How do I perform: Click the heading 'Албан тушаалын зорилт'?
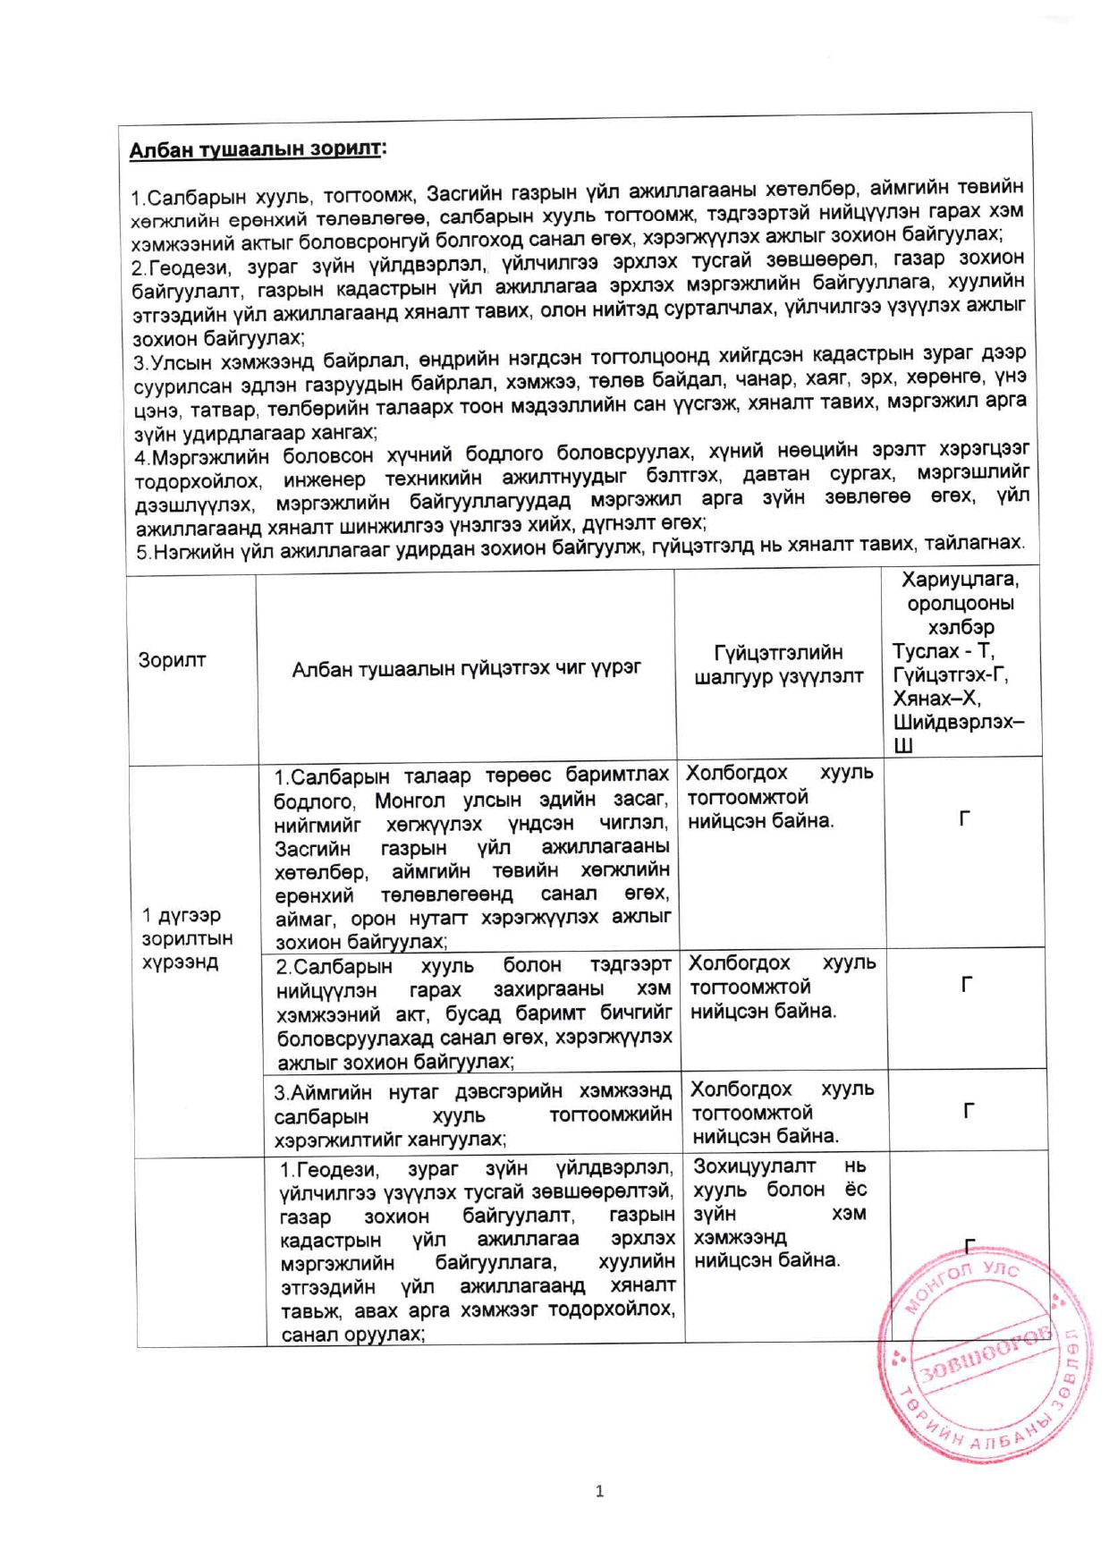pos(256,149)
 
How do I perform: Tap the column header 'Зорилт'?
pos(172,661)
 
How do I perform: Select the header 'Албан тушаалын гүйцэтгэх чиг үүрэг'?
pos(466,668)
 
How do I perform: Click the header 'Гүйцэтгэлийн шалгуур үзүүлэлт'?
pos(779,665)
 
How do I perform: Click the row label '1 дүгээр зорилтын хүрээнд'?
pos(187,938)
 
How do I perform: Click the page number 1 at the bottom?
pos(599,1491)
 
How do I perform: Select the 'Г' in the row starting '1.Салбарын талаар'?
pos(964,818)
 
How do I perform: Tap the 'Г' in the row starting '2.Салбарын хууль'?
pos(966,985)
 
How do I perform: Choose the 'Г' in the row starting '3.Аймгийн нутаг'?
pos(968,1111)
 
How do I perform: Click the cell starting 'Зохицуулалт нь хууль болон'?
pos(780,1213)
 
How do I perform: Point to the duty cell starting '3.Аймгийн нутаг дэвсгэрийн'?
pos(473,1115)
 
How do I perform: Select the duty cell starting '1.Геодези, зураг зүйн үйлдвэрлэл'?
pos(478,1250)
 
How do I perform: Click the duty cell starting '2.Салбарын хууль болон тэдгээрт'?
pos(474,1013)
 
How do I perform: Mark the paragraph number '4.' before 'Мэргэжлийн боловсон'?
pos(141,458)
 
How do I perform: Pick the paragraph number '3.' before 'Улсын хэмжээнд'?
pos(140,362)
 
